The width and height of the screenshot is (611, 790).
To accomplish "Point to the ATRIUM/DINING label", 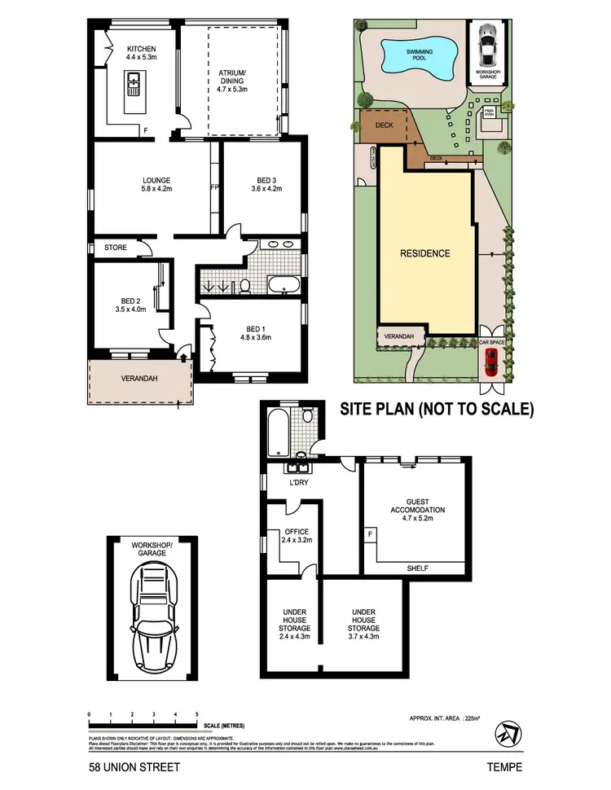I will pyautogui.click(x=237, y=79).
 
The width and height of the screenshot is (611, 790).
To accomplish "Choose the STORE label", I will pyautogui.click(x=115, y=248).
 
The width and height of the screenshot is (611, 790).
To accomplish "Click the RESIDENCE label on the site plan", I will pyautogui.click(x=424, y=253).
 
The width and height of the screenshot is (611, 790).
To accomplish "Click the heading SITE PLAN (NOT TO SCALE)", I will pyautogui.click(x=436, y=409).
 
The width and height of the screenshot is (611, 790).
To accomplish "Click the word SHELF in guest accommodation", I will pyautogui.click(x=416, y=568).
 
